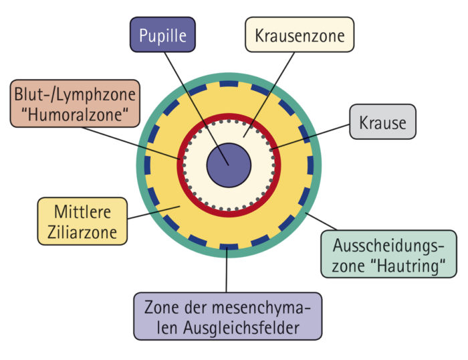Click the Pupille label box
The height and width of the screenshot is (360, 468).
click(x=162, y=35)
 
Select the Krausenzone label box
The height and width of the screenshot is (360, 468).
click(x=299, y=35)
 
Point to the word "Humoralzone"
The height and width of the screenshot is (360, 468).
click(x=75, y=114)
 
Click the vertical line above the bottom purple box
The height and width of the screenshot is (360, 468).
click(x=227, y=271)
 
